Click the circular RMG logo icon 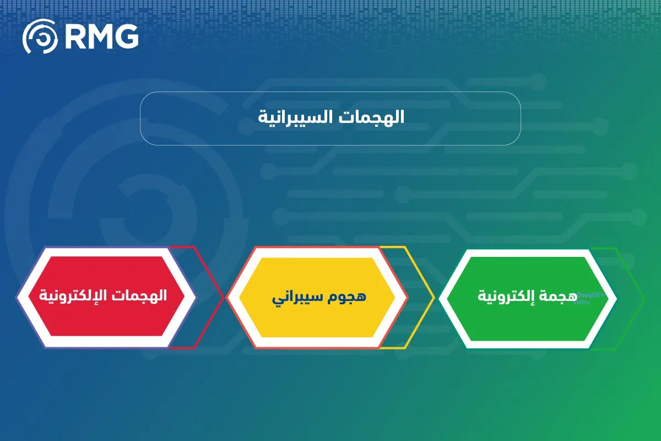[x=40, y=36]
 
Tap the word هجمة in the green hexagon [x=560, y=296]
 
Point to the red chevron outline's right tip [x=224, y=297]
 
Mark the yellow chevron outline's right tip [x=434, y=298]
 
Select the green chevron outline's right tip [x=643, y=298]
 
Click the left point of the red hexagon [x=17, y=297]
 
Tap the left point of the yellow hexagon [x=227, y=298]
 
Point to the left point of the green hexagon [x=439, y=298]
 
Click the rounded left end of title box [x=142, y=119]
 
